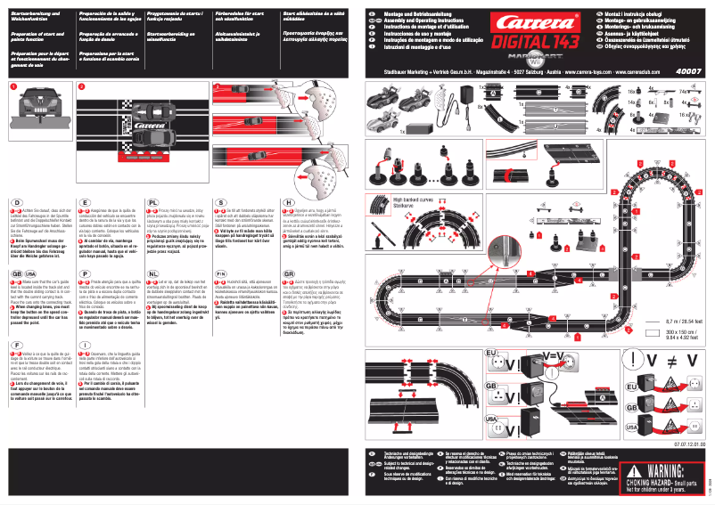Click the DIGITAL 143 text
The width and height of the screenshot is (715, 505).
click(535, 45)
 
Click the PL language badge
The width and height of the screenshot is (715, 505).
click(153, 204)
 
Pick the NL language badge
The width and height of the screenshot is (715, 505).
click(153, 274)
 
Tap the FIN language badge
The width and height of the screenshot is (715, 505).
click(222, 274)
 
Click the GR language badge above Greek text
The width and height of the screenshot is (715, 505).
click(289, 274)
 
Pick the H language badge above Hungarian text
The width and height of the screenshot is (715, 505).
click(289, 204)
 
